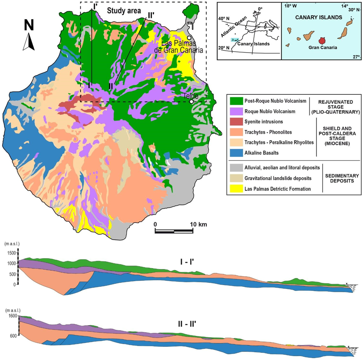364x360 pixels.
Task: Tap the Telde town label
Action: pos(191,96)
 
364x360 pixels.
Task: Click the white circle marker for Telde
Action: pos(192,102)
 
